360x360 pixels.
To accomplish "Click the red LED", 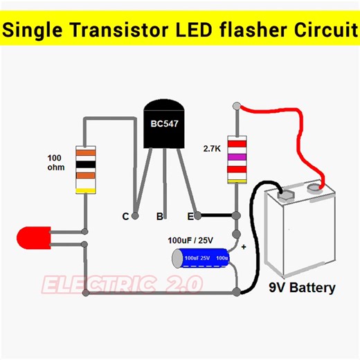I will (31, 238).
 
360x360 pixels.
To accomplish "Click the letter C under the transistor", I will (125, 217).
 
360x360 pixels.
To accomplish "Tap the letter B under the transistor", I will (159, 217).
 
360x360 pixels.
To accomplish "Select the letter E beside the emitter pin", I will (190, 217).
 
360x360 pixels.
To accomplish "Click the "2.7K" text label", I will (213, 148).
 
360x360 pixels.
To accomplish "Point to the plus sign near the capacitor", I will (243, 246).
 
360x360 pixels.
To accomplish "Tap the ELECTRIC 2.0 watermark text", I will (121, 284).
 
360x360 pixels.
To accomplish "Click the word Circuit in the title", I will (318, 30).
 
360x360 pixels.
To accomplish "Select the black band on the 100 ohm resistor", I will (84, 165).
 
